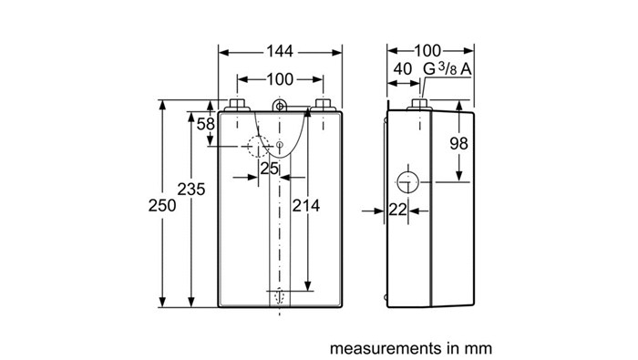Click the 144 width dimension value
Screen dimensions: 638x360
tap(280, 51)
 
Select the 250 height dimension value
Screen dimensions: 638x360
tap(162, 205)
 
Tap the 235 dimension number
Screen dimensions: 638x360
tap(191, 190)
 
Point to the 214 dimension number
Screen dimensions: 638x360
tap(306, 205)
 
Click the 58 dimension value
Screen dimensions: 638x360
tap(205, 124)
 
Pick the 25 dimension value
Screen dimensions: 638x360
tap(270, 168)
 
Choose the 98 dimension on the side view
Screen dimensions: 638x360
tap(459, 143)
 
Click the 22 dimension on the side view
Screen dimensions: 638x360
tap(398, 210)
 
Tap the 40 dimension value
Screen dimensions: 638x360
tap(403, 68)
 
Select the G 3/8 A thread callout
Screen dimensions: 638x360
tap(448, 68)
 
